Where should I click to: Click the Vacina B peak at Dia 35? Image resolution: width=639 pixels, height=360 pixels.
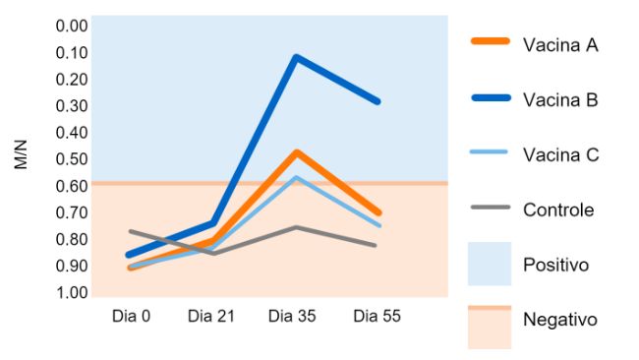pos(296,57)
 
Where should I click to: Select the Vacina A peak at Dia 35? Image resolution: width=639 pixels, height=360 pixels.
pos(296,152)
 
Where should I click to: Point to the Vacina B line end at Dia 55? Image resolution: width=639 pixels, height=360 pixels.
pos(378,101)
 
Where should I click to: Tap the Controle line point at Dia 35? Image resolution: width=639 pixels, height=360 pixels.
pos(296,227)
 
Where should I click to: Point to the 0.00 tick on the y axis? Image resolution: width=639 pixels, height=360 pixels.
pos(73,26)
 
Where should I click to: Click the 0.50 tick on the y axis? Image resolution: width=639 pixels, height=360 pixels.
pos(73,159)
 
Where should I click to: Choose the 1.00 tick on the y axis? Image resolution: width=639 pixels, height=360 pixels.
pos(73,292)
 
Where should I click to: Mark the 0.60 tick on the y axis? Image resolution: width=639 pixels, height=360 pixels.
pos(73,186)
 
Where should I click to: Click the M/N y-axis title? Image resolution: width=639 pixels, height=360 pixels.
pos(22,156)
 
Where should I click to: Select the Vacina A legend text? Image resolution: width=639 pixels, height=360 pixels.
pos(560,44)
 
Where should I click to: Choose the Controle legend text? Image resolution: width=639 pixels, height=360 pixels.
pos(558,210)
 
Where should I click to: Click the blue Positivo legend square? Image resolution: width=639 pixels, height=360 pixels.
pos(490,264)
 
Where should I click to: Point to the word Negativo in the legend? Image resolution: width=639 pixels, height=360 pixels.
pos(560,320)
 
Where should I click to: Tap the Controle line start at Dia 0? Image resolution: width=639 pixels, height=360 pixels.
pos(131,232)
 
